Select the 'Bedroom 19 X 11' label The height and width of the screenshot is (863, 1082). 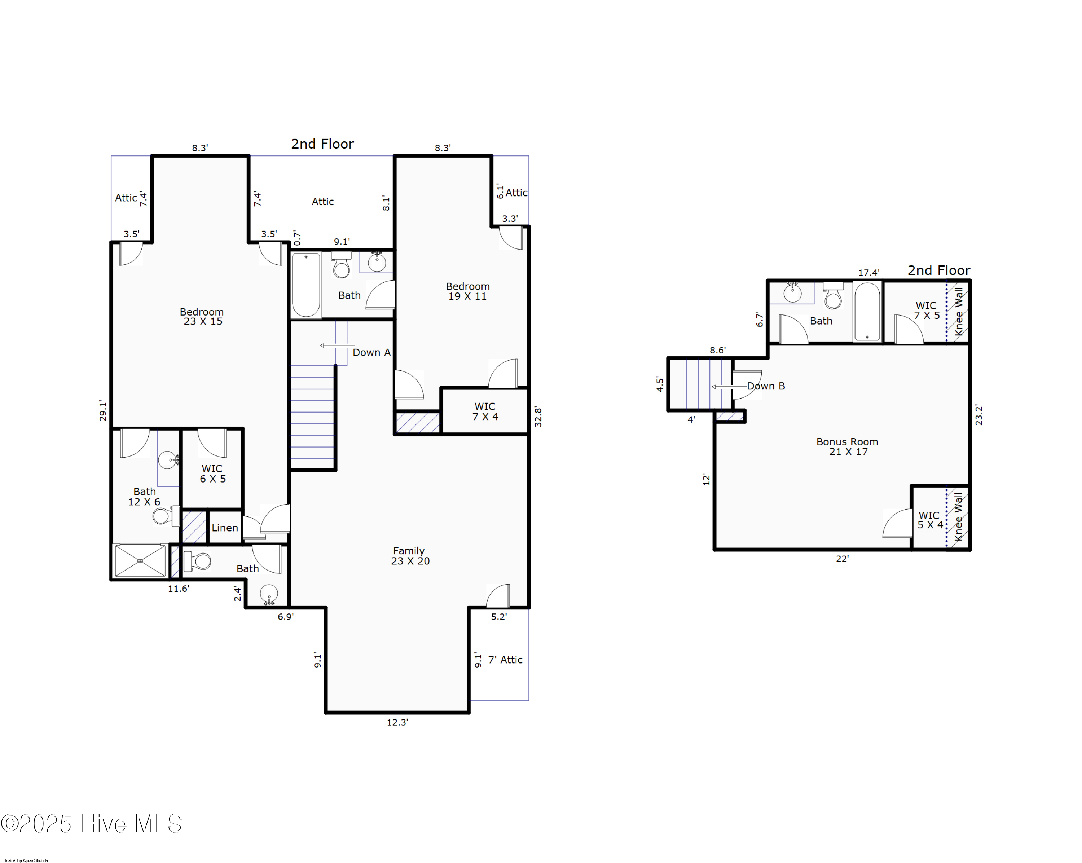(x=468, y=291)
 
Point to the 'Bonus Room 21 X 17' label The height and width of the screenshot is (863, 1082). (x=847, y=446)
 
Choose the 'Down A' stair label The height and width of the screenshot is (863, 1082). (x=371, y=352)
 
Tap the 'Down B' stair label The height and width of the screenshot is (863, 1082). (x=766, y=386)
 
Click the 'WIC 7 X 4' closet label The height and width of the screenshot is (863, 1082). (x=485, y=411)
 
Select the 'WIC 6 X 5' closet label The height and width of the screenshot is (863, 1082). (x=212, y=474)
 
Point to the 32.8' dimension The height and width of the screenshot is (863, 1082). (x=538, y=417)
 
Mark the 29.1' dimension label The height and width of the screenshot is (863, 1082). (x=103, y=410)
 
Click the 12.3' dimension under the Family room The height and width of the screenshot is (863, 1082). (x=397, y=722)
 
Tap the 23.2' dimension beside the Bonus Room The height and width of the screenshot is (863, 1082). (x=978, y=415)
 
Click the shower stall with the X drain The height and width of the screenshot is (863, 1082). (x=140, y=560)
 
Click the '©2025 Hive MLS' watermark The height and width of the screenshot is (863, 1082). (x=91, y=824)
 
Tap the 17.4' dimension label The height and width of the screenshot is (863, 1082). (x=869, y=272)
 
